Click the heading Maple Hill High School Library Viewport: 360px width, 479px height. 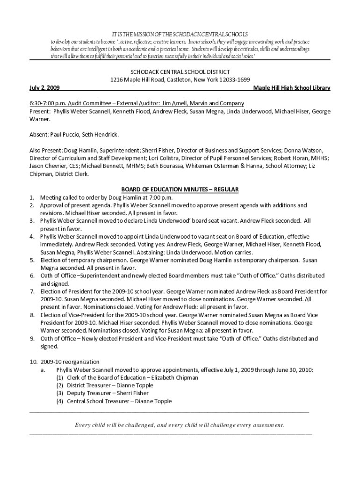click(291, 88)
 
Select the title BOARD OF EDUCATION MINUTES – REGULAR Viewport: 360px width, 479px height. click(180, 189)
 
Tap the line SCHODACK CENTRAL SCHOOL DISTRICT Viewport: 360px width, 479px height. click(180, 72)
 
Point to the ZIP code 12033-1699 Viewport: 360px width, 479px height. click(234, 80)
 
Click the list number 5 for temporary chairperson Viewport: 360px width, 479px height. click(32, 260)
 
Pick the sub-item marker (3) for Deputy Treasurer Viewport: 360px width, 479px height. click(60, 393)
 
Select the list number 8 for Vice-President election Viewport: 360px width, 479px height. click(32, 315)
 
